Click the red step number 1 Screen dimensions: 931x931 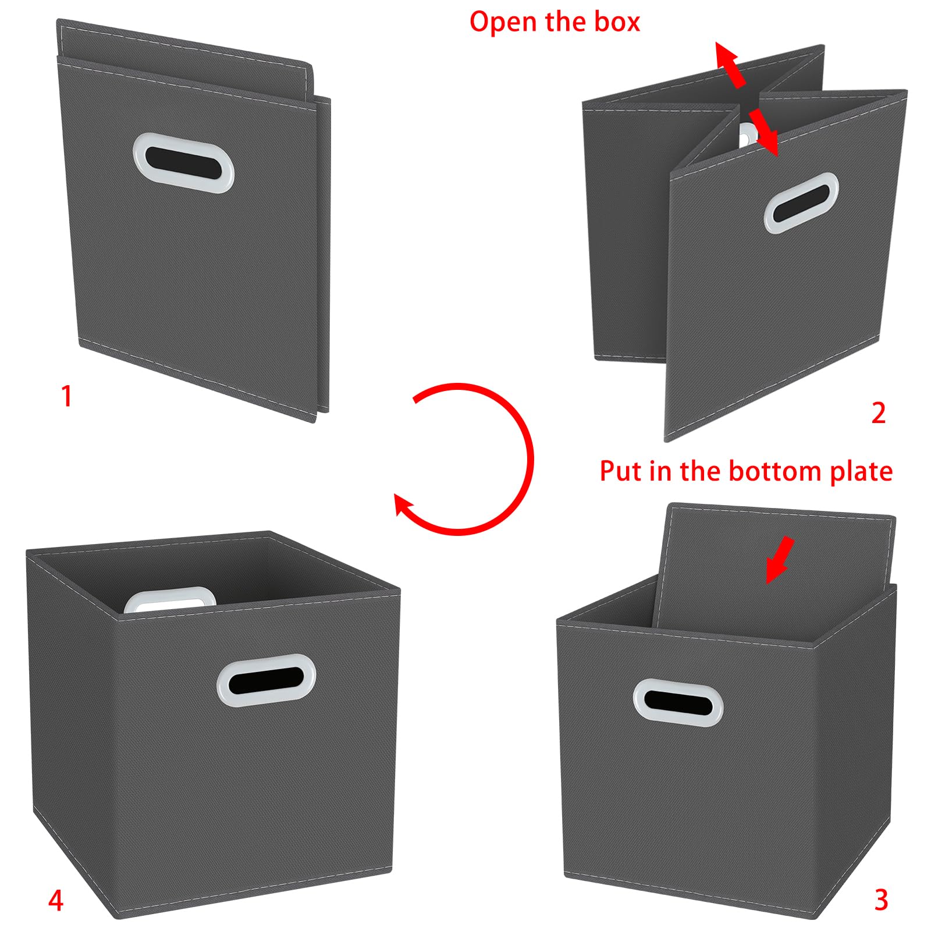pyautogui.click(x=67, y=396)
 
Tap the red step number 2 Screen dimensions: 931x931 pyautogui.click(x=878, y=413)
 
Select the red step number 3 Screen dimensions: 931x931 pyautogui.click(x=881, y=900)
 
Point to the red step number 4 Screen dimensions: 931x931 pyautogui.click(x=55, y=900)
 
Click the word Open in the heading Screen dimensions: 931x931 pyautogui.click(x=504, y=23)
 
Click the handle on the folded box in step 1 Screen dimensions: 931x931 pyautogui.click(x=183, y=162)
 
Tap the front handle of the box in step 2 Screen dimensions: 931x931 pyautogui.click(x=801, y=202)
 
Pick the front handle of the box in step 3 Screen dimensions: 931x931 pyautogui.click(x=678, y=702)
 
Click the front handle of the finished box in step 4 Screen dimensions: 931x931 pyautogui.click(x=266, y=680)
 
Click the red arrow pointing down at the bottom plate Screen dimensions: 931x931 pyautogui.click(x=779, y=559)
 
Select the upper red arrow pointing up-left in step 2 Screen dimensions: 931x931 pyautogui.click(x=730, y=65)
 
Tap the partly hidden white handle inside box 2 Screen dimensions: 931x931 pyautogui.click(x=745, y=134)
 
